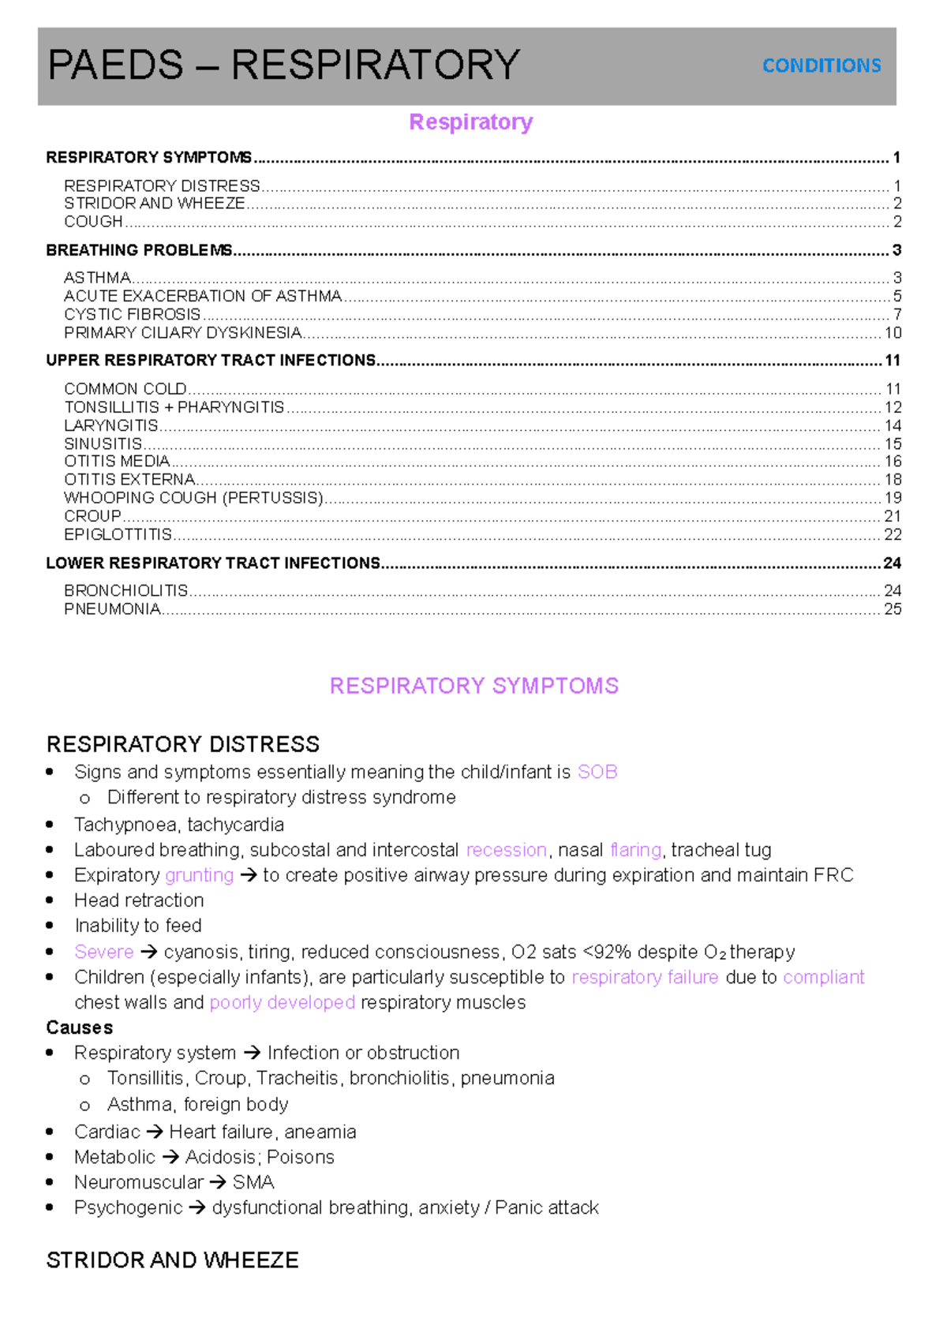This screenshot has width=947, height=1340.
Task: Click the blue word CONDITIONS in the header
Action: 822,66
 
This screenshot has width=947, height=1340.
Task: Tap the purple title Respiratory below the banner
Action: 471,122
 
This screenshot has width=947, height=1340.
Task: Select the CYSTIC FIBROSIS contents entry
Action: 133,314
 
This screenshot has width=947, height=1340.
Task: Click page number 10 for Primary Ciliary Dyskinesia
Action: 893,332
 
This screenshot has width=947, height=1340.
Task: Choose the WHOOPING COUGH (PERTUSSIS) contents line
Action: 194,498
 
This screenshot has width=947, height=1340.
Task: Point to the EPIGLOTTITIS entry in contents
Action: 118,534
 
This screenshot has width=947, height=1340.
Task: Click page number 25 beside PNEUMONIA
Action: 893,608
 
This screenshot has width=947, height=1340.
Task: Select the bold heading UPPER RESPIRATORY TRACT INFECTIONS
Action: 211,361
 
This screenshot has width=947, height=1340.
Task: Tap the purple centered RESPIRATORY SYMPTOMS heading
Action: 473,686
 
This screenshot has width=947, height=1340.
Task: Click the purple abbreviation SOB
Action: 597,772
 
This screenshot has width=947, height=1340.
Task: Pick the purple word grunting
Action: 200,875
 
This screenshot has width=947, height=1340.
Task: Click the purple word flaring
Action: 636,850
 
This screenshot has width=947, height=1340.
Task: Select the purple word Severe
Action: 104,952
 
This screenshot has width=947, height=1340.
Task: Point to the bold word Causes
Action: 80,1027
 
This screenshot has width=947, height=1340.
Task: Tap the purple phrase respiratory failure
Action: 645,977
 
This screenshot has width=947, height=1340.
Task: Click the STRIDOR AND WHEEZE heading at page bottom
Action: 173,1260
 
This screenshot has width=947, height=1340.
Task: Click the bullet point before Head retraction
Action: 50,900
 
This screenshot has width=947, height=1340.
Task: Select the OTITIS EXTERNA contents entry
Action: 129,480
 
